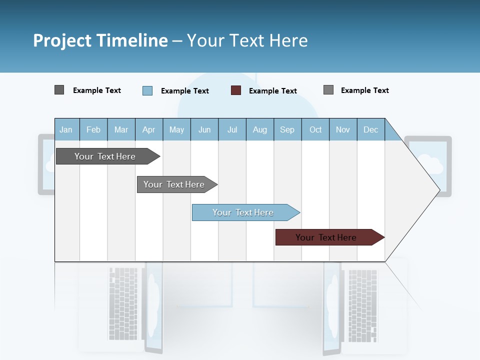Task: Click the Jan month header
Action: [x=66, y=129]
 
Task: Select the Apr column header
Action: [x=148, y=129]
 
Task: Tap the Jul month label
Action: [x=232, y=129]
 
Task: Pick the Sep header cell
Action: [x=287, y=129]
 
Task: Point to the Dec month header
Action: [x=370, y=129]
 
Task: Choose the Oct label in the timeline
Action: [x=315, y=129]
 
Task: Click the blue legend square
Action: [x=147, y=90]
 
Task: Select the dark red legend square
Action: [x=236, y=90]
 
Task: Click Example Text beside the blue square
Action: [x=185, y=91]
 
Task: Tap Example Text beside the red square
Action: [x=273, y=91]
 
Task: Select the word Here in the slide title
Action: [x=288, y=40]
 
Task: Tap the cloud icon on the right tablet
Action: [x=429, y=164]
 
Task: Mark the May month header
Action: [x=176, y=129]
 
